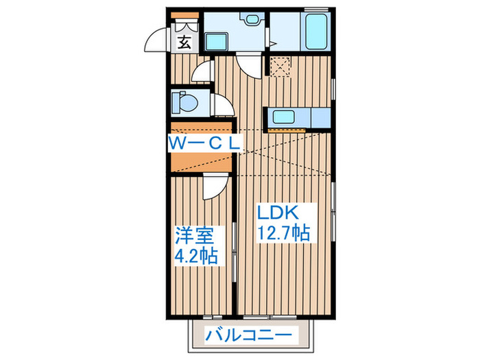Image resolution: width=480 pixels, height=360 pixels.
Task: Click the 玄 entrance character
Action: pos(184,42)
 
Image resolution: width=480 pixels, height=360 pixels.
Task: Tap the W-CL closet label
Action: pos(204,143)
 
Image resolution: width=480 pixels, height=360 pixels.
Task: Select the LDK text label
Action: pos(277,212)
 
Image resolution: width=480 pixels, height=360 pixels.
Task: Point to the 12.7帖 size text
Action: pos(283,233)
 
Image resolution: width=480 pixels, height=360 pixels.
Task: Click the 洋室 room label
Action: pos(195,237)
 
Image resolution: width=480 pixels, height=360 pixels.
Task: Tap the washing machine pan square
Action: pos(280,67)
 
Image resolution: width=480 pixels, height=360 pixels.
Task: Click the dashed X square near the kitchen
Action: pos(280,67)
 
